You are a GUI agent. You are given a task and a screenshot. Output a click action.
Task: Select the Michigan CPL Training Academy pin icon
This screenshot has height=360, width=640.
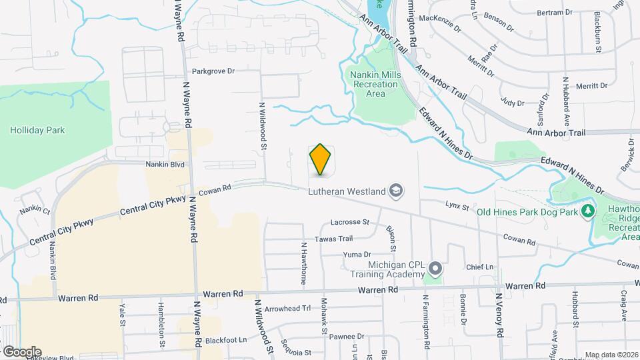(x=435, y=269)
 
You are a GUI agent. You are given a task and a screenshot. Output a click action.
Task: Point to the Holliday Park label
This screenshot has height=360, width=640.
(x=37, y=130)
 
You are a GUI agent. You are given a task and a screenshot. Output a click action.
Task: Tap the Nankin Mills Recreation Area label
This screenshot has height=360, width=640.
(x=376, y=84)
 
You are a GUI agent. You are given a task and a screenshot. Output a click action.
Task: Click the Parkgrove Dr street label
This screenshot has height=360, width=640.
(x=213, y=71)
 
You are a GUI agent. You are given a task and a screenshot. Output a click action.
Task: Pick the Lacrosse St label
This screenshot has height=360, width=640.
(x=350, y=222)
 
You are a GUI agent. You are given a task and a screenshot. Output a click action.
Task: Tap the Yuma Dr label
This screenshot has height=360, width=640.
(x=356, y=255)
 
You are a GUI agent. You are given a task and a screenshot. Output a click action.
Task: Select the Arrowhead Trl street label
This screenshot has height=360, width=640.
(x=287, y=309)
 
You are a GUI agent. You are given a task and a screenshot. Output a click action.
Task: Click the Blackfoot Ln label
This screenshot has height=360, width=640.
(x=226, y=340)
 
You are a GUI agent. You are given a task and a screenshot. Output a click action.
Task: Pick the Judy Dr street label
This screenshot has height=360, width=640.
(x=512, y=103)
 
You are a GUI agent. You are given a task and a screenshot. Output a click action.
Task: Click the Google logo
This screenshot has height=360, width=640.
(x=22, y=352)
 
